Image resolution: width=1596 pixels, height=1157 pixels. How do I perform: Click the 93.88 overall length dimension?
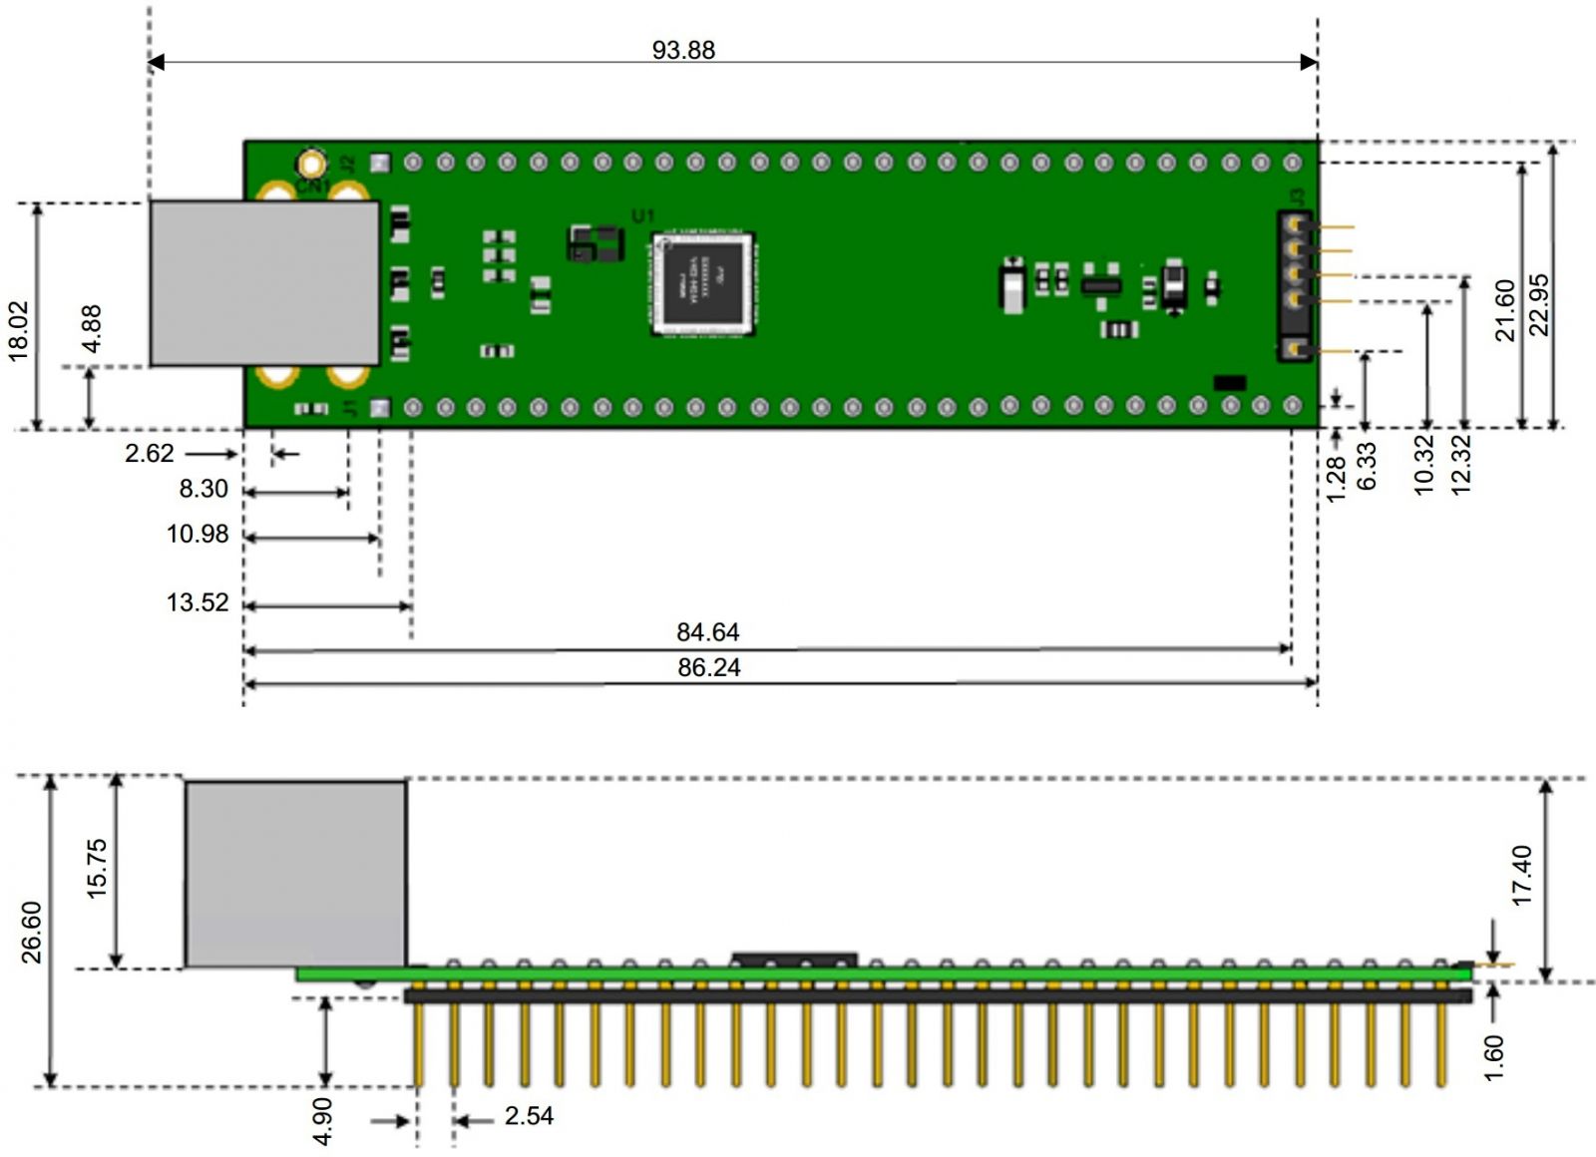tap(683, 50)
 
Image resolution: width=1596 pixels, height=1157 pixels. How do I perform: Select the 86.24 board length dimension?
tap(708, 667)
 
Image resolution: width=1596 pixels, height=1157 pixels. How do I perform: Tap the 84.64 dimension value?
tap(708, 632)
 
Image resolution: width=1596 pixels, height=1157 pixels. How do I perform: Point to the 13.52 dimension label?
tap(198, 602)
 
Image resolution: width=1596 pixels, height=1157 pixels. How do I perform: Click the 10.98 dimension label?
tap(198, 535)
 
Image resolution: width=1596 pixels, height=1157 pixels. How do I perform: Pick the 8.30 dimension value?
tap(203, 489)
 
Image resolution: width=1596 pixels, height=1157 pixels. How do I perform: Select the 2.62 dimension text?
tap(150, 454)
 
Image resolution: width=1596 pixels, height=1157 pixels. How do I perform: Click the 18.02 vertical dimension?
tap(19, 330)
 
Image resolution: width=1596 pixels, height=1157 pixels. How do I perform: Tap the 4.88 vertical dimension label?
tap(91, 328)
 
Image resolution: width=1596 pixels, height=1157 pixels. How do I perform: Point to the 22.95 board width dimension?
tap(1539, 304)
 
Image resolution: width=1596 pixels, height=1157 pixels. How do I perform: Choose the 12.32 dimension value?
tap(1460, 465)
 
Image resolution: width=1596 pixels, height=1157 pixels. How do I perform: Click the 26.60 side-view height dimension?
tap(31, 932)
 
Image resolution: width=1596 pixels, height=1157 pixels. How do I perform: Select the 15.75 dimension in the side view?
tap(96, 868)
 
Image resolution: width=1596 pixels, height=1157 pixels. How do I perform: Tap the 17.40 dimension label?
tap(1522, 875)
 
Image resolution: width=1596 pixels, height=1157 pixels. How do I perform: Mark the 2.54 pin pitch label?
tap(529, 1116)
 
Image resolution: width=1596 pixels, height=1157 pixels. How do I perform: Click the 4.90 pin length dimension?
tap(322, 1122)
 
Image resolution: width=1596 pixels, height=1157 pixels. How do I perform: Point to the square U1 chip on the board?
tap(702, 283)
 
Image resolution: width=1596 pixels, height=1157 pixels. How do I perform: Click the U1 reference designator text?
tap(643, 215)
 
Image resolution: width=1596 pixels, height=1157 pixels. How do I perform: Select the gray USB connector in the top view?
tap(264, 283)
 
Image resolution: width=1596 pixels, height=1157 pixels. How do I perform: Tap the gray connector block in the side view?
tap(295, 874)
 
